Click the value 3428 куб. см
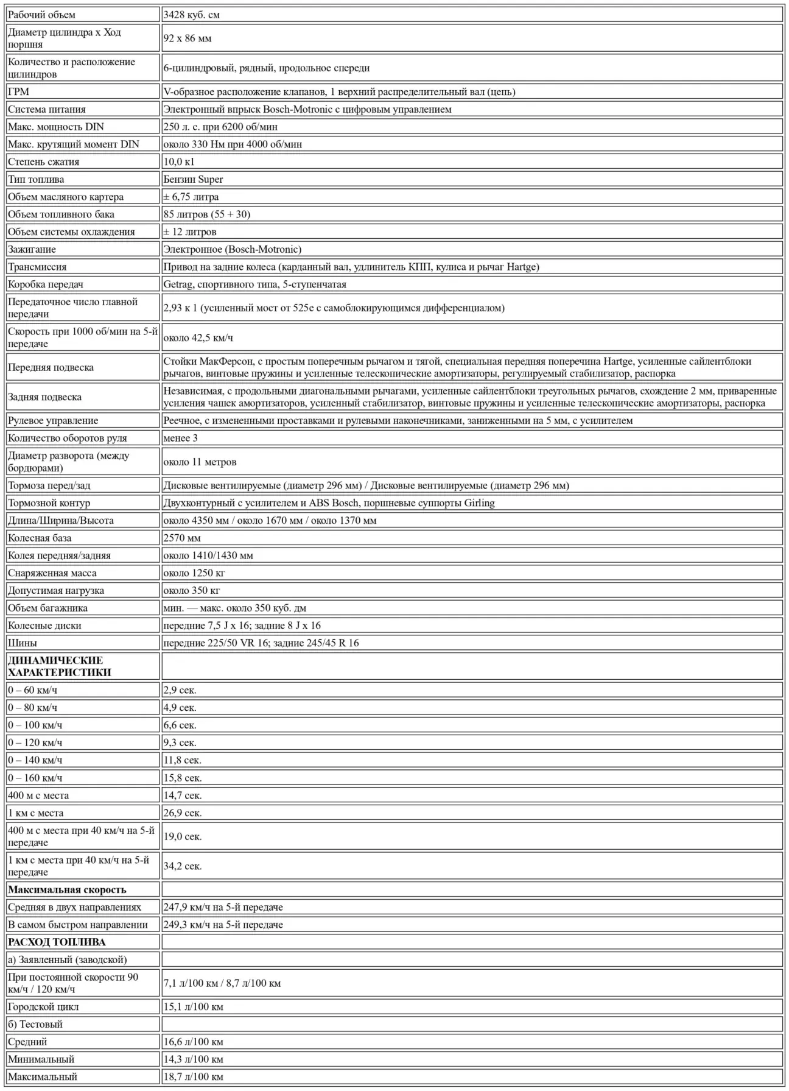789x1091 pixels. point(191,15)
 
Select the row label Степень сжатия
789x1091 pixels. point(43,161)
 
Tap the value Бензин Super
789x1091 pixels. point(193,179)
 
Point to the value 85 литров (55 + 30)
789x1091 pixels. point(206,214)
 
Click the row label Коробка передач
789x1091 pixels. point(46,284)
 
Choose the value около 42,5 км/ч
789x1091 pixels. point(198,337)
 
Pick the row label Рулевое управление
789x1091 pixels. point(53,420)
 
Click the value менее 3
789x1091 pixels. point(180,438)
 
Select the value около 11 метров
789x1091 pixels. point(200,462)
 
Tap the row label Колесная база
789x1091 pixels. point(40,538)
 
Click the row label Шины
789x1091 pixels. point(23,643)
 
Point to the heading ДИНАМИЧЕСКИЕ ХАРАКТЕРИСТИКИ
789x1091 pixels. point(60,666)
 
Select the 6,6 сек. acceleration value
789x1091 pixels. point(180,725)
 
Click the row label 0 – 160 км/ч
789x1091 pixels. point(35,777)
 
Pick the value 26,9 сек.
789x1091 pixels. point(182,813)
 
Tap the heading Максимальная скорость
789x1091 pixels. point(67,889)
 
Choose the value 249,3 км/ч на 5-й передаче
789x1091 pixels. point(223,924)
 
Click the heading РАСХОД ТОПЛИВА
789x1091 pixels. point(57,942)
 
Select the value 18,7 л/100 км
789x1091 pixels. point(193,1076)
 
